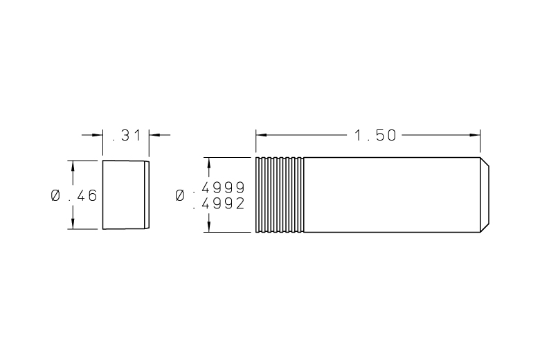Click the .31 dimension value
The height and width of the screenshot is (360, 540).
point(127,136)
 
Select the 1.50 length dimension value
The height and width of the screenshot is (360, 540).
point(375,136)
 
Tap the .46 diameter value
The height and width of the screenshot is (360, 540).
point(82,196)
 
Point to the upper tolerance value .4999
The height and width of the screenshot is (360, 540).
point(219,188)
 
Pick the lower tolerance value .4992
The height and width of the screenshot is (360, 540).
point(219,204)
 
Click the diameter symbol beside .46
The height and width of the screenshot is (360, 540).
point(55,196)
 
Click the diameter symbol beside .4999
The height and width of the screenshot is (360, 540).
point(180,195)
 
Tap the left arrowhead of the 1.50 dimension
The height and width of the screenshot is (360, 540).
point(261,135)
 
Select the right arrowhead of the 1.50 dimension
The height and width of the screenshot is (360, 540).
point(475,135)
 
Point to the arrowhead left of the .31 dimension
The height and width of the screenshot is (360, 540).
point(98,135)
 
